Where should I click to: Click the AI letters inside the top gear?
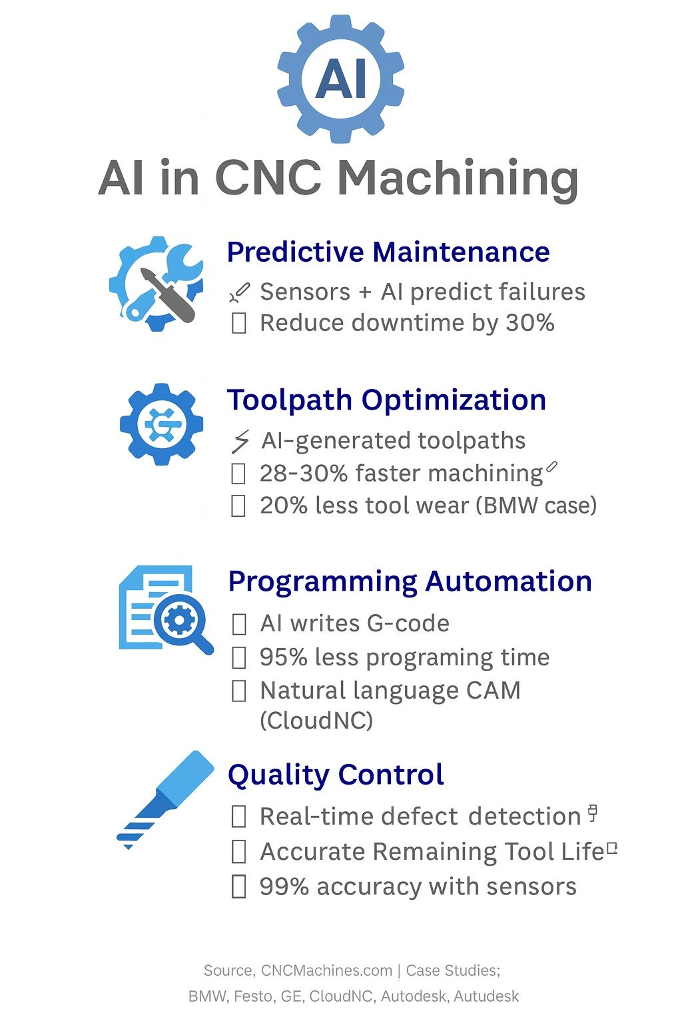[x=341, y=79]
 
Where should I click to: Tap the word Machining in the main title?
[x=459, y=179]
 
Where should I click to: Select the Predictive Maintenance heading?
[x=388, y=252]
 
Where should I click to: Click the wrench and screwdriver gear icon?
[x=157, y=284]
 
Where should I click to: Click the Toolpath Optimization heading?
[x=386, y=400]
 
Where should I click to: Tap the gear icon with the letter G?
[x=161, y=424]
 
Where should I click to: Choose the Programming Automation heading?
[x=410, y=582]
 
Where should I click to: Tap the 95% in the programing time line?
[x=283, y=657]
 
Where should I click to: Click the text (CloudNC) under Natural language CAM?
[x=316, y=721]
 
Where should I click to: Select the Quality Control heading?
[x=336, y=775]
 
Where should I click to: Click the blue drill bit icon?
[x=165, y=800]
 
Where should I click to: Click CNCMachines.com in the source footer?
[x=326, y=970]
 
